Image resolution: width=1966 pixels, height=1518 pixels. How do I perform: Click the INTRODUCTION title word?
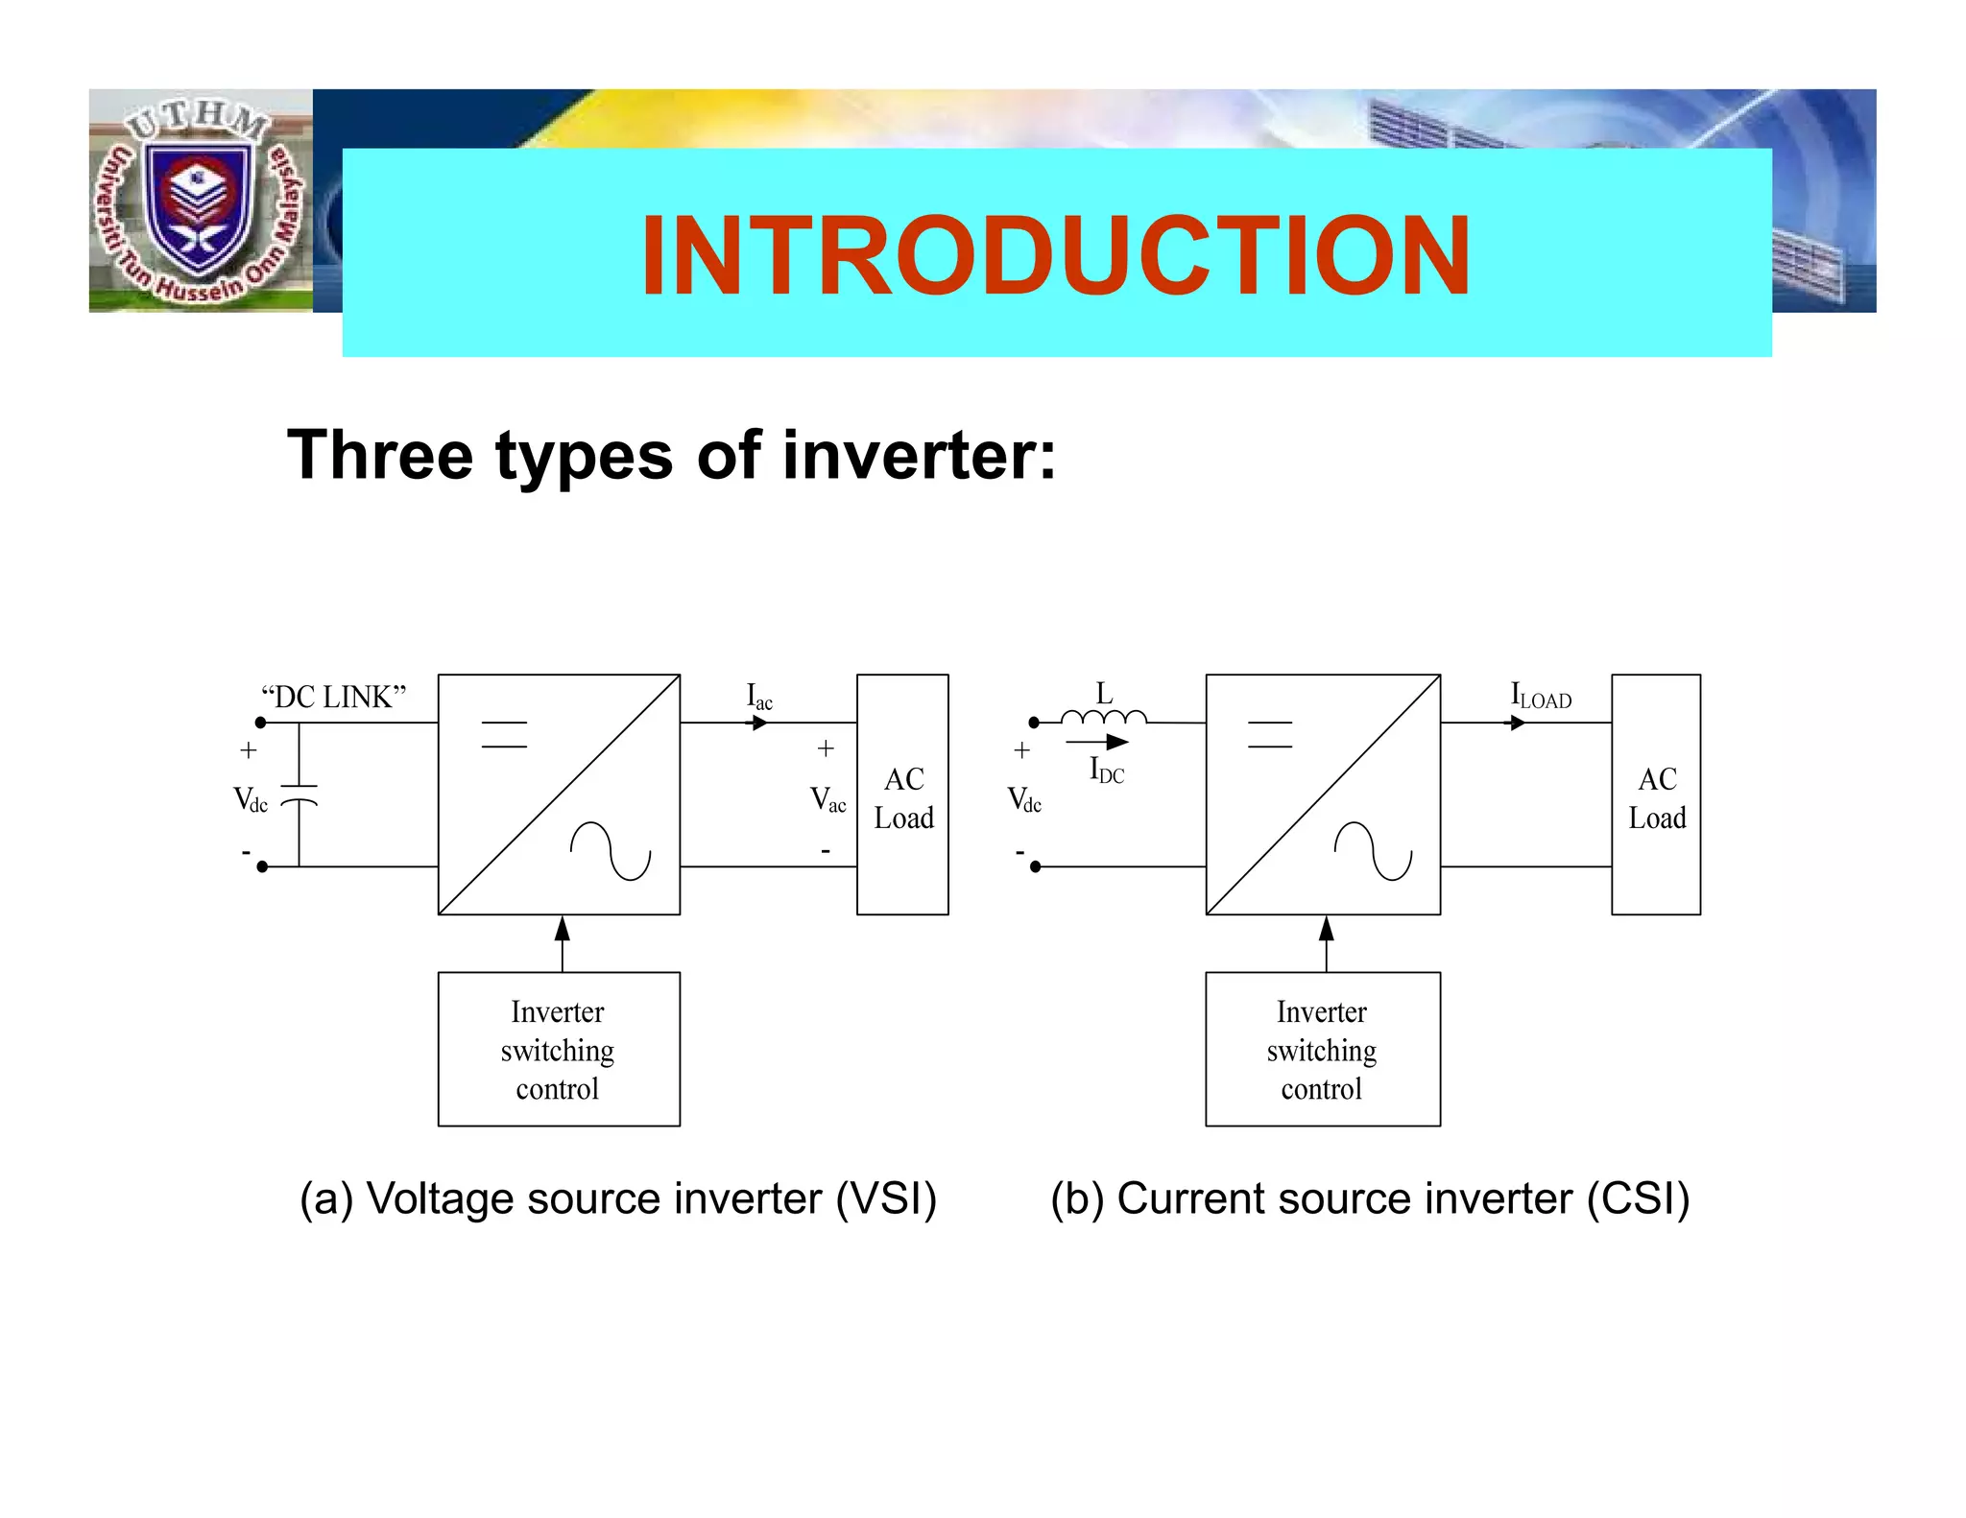click(x=1055, y=255)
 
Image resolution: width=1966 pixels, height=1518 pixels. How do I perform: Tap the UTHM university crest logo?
click(x=200, y=201)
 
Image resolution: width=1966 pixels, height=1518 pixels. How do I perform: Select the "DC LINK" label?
click(x=334, y=697)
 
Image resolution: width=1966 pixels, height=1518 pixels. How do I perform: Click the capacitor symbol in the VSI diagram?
click(x=299, y=794)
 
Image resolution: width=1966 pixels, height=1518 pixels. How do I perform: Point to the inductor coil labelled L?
click(x=1104, y=716)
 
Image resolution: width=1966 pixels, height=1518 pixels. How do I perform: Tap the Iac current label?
click(x=759, y=697)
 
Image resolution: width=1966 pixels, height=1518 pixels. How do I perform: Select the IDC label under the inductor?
click(x=1106, y=771)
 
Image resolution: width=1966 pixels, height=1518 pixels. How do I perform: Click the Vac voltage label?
click(x=827, y=799)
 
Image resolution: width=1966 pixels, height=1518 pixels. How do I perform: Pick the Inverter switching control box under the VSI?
click(x=559, y=1050)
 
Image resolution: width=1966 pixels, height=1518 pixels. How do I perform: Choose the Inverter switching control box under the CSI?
click(x=1322, y=1050)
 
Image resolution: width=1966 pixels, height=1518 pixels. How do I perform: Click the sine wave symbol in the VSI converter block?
click(x=611, y=851)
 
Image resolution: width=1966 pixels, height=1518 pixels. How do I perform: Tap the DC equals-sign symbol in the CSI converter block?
click(x=1269, y=734)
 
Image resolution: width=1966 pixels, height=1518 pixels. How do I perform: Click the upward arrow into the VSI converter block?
click(x=563, y=941)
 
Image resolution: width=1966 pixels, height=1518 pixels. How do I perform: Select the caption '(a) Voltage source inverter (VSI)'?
click(x=618, y=1199)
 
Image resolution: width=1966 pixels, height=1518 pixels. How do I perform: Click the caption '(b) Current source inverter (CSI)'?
click(x=1370, y=1199)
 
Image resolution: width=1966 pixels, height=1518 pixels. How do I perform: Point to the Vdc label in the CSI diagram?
click(x=1024, y=799)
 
